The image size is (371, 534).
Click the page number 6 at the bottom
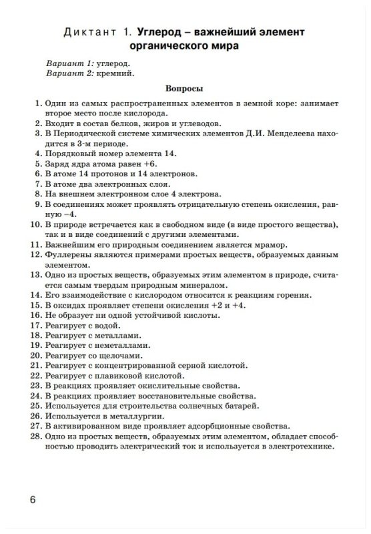pyautogui.click(x=33, y=500)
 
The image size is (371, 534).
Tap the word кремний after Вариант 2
pyautogui.click(x=117, y=73)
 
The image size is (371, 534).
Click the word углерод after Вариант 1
pyautogui.click(x=117, y=62)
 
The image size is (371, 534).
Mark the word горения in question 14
pyautogui.click(x=296, y=294)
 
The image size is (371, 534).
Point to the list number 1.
pyautogui.click(x=35, y=104)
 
